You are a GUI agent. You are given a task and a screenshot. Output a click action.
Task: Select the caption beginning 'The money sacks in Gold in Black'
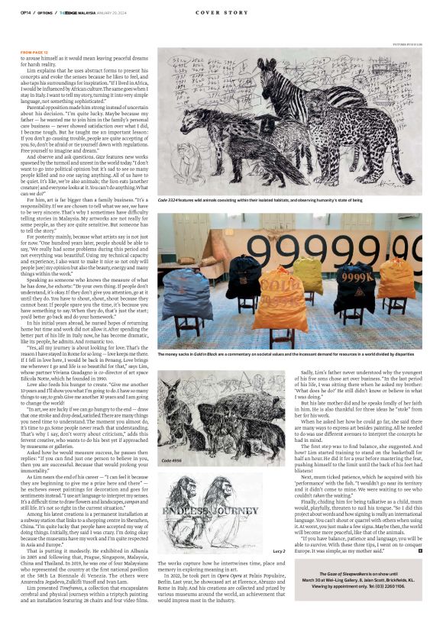click(290, 356)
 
